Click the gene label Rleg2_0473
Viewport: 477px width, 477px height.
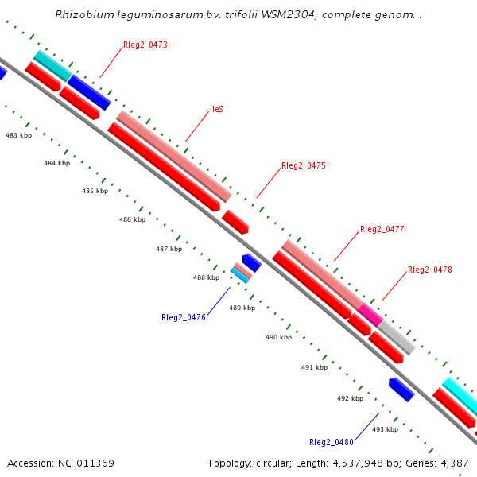[x=145, y=45]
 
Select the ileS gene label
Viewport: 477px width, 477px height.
[x=216, y=109]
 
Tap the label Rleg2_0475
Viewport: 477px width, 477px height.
[x=304, y=166]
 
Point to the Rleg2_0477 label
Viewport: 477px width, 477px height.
[x=382, y=229]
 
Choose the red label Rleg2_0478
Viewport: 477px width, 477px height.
[x=430, y=270]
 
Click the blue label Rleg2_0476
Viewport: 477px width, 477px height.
[x=184, y=317]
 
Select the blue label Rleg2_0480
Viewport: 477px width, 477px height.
[x=332, y=442]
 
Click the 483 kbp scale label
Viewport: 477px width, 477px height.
[x=18, y=136]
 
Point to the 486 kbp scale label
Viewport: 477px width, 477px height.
[x=132, y=219]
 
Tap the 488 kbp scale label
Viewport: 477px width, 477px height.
[x=206, y=277]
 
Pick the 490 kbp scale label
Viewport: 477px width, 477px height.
[x=278, y=337]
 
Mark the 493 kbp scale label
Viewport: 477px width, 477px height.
[x=385, y=429]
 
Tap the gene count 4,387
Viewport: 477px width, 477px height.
[x=455, y=463]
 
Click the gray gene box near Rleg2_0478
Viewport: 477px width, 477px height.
[x=396, y=337]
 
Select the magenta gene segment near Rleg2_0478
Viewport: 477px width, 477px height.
[x=371, y=312]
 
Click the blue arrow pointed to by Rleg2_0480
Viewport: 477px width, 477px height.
[x=401, y=389]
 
